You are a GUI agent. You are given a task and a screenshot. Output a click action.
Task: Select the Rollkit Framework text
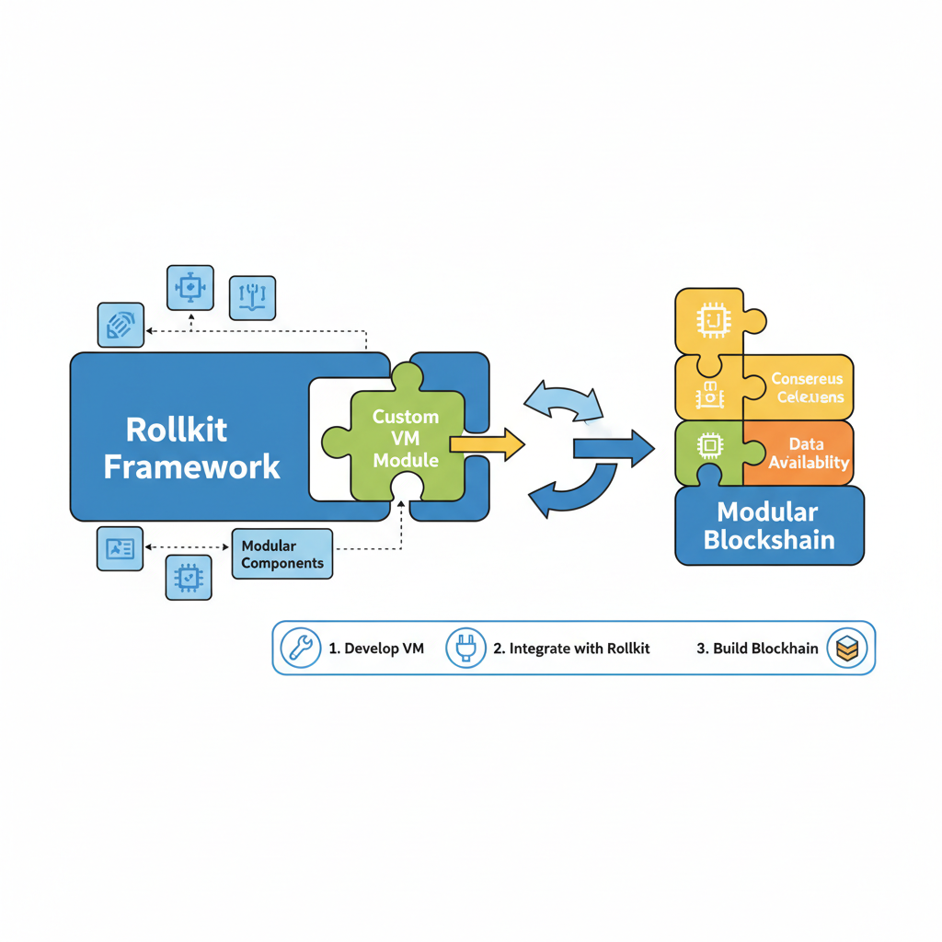pyautogui.click(x=190, y=448)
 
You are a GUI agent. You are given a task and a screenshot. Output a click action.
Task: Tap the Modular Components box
pyautogui.click(x=281, y=554)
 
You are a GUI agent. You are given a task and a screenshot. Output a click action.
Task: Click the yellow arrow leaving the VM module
pyautogui.click(x=488, y=445)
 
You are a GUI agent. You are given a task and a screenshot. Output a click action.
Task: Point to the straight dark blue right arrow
pyautogui.click(x=613, y=448)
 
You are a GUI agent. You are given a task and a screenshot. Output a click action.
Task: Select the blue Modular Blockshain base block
pyautogui.click(x=769, y=525)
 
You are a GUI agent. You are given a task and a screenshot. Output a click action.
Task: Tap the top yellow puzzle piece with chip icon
pyautogui.click(x=712, y=320)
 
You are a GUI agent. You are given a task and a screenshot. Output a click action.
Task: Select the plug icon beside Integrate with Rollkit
pyautogui.click(x=465, y=648)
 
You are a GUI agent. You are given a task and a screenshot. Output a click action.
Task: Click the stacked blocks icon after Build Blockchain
pyautogui.click(x=846, y=648)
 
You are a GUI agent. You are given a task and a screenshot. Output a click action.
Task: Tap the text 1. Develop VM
pyautogui.click(x=376, y=649)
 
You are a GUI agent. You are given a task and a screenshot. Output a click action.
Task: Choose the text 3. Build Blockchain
pyautogui.click(x=757, y=649)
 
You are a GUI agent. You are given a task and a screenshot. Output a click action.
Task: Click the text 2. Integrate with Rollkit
pyautogui.click(x=571, y=649)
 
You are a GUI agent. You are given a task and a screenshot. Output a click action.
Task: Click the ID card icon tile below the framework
pyautogui.click(x=120, y=549)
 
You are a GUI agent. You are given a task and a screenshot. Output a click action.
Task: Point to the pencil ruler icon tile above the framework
pyautogui.click(x=121, y=326)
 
